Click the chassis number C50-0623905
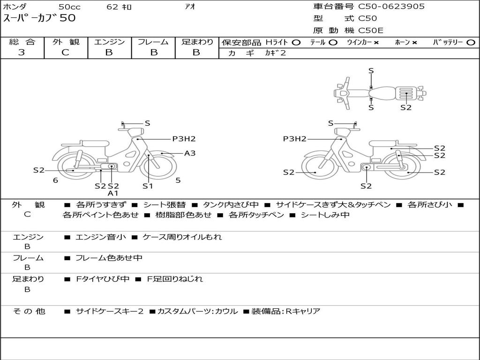391,7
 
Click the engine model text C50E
371,31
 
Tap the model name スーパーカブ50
39,19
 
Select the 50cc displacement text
69,7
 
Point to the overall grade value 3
22,52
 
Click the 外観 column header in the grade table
66,42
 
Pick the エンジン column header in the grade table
109,42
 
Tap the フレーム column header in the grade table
153,42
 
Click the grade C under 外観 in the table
65,52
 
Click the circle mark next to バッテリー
471,43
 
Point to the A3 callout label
189,153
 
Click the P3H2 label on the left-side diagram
183,139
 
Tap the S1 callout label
148,186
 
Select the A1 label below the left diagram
113,193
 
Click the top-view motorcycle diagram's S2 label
406,107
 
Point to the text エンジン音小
101,237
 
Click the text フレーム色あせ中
109,258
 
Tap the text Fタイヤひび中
103,279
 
